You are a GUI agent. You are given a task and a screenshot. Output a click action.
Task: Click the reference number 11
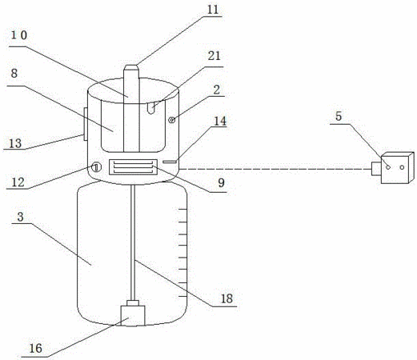point(213,10)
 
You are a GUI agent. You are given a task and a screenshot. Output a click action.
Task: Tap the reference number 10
point(19,35)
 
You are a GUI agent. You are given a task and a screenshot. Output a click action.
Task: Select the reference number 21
point(215,56)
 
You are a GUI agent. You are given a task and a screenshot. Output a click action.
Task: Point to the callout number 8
point(14,73)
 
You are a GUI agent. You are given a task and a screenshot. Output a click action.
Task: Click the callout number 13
point(15,143)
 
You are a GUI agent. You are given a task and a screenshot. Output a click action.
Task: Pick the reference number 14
point(220,122)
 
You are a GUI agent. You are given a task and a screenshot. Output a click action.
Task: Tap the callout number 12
point(18,182)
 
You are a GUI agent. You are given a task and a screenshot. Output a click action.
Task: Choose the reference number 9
point(221,183)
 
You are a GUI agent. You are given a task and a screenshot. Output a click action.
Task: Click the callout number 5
point(339,116)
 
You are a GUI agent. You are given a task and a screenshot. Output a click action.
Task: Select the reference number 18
point(227,298)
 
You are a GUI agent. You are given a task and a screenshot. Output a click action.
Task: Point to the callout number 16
point(35,348)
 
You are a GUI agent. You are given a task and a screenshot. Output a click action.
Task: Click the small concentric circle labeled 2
point(172,120)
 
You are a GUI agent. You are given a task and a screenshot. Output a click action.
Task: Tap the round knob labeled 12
point(96,167)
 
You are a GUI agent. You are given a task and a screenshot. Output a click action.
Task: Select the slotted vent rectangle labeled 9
point(133,167)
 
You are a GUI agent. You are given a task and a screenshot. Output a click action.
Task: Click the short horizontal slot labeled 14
point(170,162)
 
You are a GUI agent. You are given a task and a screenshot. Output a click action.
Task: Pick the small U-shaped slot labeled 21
point(151,108)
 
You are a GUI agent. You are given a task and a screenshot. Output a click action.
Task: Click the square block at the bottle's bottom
point(133,316)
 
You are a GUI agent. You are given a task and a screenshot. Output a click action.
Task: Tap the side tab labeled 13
point(86,124)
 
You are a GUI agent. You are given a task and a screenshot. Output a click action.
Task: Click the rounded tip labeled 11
point(131,67)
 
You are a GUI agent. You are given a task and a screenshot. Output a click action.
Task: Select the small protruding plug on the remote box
point(376,169)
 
